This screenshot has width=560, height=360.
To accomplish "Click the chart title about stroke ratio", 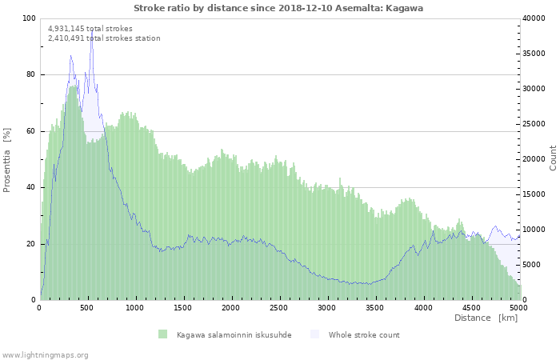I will [x=278, y=8].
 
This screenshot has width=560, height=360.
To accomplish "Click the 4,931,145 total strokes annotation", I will [x=90, y=29].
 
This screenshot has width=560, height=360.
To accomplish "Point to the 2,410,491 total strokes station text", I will [x=104, y=38].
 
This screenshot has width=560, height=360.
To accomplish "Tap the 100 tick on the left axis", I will [x=30, y=18].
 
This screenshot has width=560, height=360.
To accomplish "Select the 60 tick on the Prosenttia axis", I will [x=31, y=131].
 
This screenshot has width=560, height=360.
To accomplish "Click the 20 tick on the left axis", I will [x=31, y=244].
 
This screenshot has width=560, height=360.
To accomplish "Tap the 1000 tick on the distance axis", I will [x=135, y=307].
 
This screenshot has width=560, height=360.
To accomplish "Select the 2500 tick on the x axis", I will [x=279, y=307].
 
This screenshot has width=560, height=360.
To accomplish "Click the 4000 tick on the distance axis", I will [x=423, y=307].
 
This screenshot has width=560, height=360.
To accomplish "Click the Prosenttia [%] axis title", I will [x=7, y=159].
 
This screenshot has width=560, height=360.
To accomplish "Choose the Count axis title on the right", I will [x=553, y=158].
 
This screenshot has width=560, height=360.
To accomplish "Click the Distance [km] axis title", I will [x=486, y=318].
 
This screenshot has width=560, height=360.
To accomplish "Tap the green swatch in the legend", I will [x=162, y=334].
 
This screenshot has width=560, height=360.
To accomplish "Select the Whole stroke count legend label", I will [x=364, y=335].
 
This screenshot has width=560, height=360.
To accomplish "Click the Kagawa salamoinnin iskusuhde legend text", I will [x=234, y=335].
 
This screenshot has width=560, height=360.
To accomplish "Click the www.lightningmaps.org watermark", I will [x=45, y=354].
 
